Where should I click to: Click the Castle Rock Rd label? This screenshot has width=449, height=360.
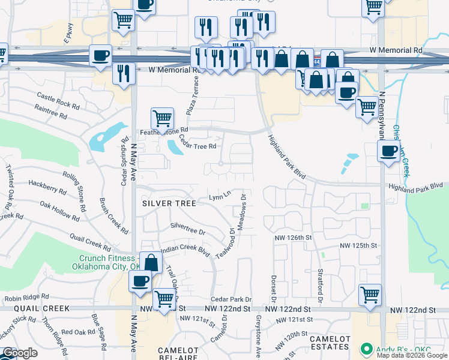(58, 100)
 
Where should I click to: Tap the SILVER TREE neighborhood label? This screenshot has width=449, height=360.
(169, 203)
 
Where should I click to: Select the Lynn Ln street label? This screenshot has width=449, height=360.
(220, 196)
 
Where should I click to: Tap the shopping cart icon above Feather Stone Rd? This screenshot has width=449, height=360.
(162, 117)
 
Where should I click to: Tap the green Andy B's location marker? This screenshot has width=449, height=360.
(365, 349)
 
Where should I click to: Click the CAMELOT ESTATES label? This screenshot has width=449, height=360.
(330, 343)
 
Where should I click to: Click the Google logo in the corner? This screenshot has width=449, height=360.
(20, 353)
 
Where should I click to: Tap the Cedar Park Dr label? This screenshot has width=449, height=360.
(231, 299)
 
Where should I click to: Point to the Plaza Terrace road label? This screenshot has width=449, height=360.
(195, 91)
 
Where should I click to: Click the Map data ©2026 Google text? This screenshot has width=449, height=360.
(412, 355)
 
